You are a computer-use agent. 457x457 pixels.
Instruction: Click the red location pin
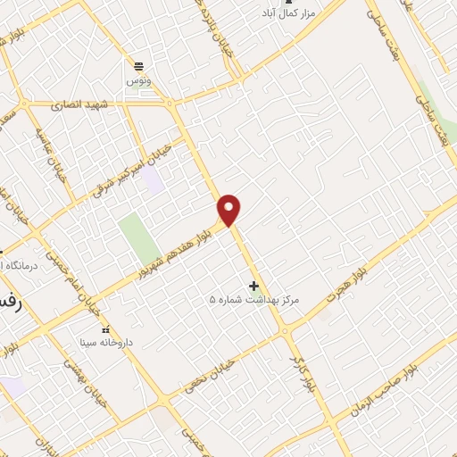pyautogui.click(x=230, y=209)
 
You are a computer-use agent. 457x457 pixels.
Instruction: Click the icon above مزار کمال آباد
pyautogui.click(x=287, y=3)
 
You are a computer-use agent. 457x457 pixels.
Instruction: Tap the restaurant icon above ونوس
pyautogui.click(x=139, y=66)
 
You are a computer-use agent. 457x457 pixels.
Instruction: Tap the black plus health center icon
pyautogui.click(x=254, y=286)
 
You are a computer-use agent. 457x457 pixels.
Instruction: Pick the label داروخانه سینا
pyautogui.click(x=106, y=342)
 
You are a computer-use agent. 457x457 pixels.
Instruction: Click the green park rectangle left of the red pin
pyautogui.click(x=133, y=238)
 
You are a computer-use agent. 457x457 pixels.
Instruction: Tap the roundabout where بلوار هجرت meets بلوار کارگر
pyautogui.click(x=287, y=331)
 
